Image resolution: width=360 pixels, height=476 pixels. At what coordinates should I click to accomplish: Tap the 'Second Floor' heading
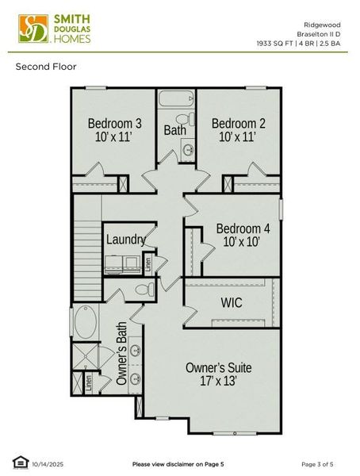point(46,67)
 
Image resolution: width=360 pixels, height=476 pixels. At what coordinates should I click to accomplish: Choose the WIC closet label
point(232,302)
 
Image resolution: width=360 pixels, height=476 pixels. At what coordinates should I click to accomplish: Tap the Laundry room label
point(125,239)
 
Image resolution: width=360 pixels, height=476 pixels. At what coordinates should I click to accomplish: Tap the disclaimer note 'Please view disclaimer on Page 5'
point(178,463)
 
